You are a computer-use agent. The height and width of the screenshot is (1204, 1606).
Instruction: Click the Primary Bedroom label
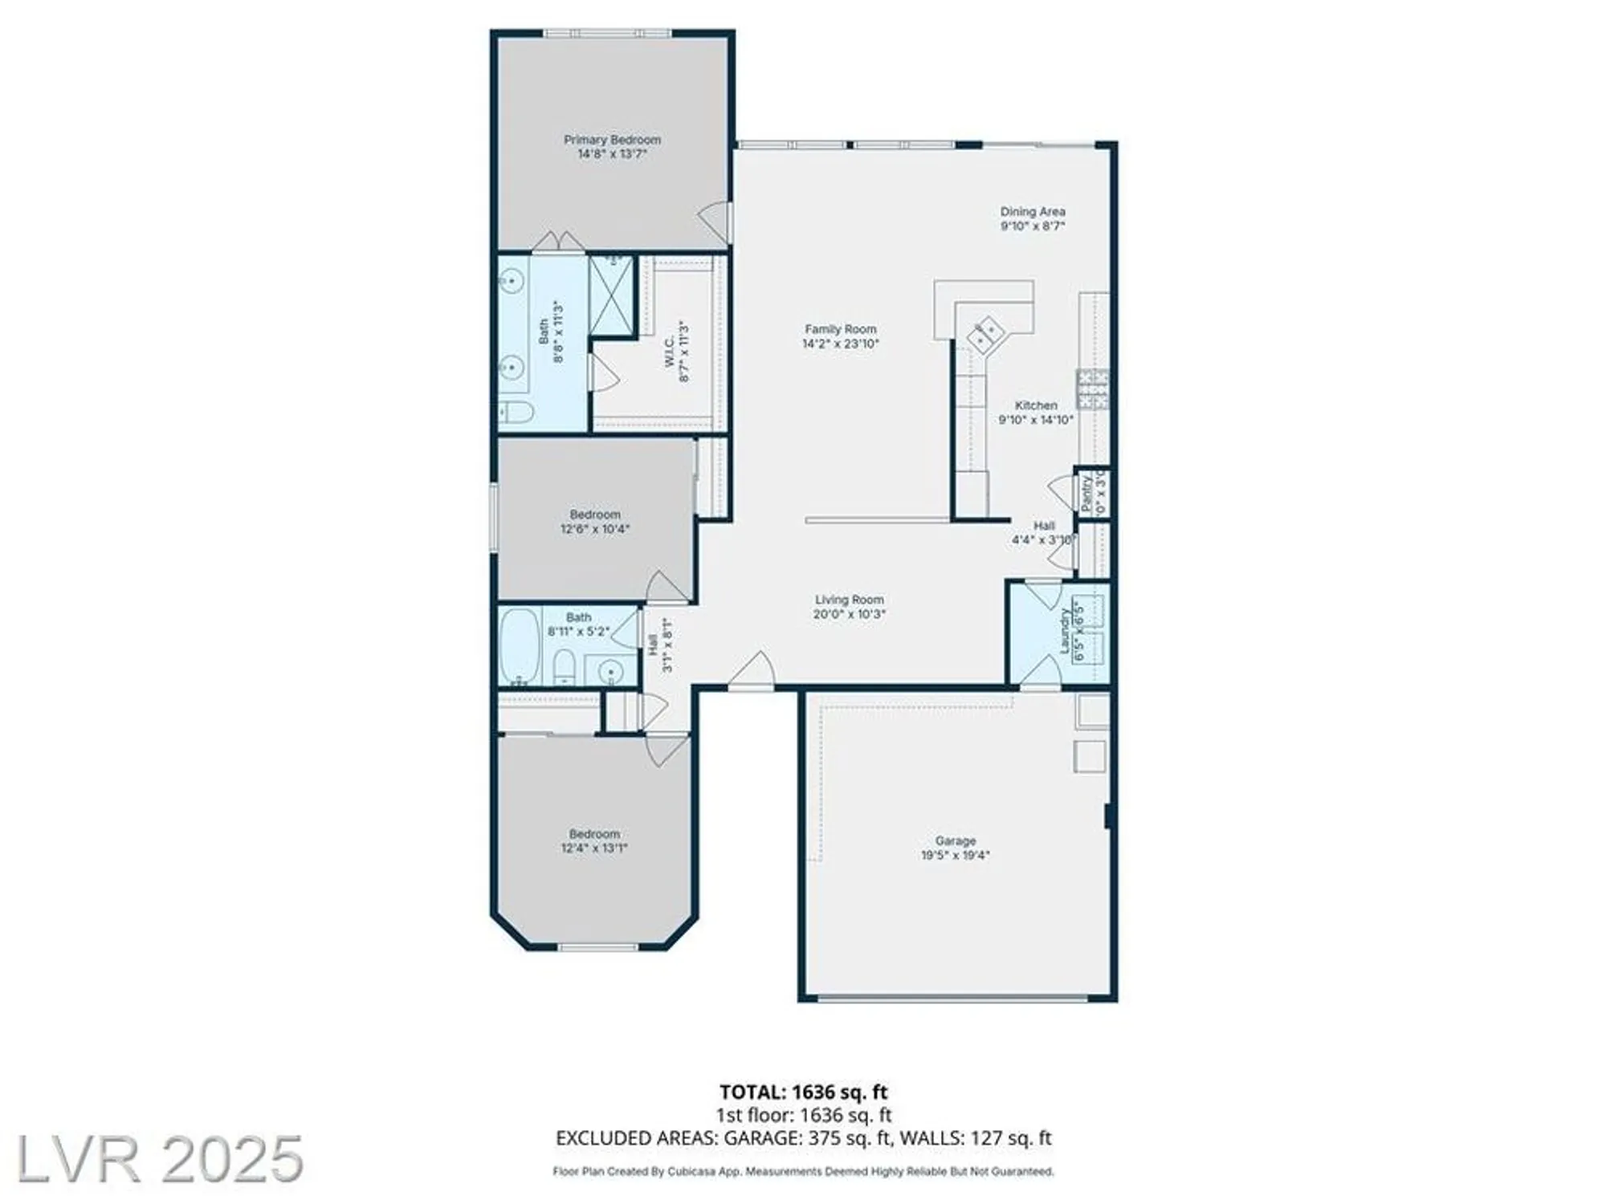[x=612, y=140]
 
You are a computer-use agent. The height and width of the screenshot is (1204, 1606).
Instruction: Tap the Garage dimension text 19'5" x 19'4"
[x=955, y=856]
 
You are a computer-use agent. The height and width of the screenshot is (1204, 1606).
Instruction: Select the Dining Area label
[x=1033, y=212]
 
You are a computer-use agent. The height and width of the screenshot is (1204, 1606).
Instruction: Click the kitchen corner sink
[x=985, y=333]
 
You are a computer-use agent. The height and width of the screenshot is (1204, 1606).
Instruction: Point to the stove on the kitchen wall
[x=1093, y=388]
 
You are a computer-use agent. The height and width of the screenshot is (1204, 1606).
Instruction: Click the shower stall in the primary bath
[x=612, y=295]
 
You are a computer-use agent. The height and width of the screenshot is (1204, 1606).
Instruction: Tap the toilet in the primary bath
[x=516, y=413]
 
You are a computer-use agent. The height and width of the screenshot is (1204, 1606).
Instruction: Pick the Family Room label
[x=841, y=329]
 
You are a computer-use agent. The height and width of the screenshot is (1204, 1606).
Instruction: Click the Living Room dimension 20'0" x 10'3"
[x=849, y=615]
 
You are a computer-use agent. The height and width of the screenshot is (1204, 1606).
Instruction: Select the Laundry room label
[x=1066, y=631]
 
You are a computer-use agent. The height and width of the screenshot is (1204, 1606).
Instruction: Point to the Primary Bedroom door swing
[x=716, y=218]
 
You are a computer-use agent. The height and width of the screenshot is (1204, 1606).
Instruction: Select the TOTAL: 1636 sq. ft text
[x=803, y=1092]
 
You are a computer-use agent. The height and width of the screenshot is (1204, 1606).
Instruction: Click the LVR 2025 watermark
[x=159, y=1158]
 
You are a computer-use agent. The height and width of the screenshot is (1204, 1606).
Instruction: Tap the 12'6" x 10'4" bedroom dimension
[x=594, y=530]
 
